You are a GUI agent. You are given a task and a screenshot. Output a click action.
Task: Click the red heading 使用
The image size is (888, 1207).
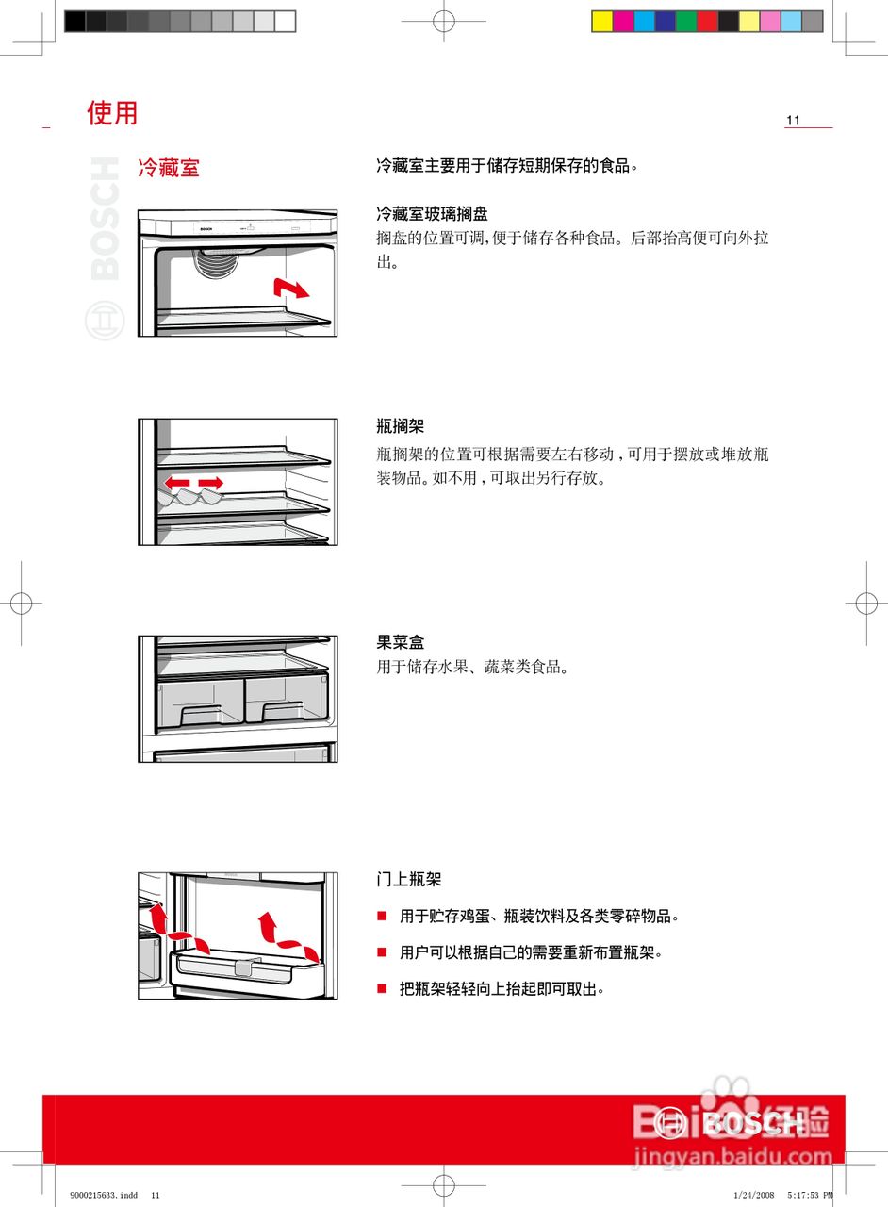112,113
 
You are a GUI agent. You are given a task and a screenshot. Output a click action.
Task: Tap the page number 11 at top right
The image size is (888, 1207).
793,121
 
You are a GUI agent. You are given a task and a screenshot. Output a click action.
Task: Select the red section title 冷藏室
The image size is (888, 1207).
169,169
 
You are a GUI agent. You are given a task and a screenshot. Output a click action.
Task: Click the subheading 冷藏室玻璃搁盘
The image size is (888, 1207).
432,214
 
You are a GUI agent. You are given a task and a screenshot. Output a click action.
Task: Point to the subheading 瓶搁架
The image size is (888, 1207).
400,427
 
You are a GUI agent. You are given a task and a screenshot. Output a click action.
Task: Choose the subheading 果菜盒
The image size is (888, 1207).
400,642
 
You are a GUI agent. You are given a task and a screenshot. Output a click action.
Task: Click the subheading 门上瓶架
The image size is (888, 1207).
408,880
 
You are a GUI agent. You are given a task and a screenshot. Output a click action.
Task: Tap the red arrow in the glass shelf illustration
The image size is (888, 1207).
290,288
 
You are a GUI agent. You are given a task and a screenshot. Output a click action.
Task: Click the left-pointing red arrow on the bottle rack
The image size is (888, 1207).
175,483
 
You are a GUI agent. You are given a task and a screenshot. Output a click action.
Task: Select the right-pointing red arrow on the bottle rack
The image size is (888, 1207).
211,483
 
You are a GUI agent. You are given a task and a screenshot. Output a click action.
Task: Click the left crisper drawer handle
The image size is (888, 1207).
201,714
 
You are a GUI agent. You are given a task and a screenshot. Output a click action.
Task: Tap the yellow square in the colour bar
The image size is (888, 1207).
601,21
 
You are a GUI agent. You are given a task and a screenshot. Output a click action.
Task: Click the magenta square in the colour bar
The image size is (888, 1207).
623,21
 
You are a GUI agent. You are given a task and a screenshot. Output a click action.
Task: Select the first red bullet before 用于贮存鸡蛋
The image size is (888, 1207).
382,916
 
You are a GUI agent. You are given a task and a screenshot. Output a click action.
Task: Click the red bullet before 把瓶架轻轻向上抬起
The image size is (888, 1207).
382,988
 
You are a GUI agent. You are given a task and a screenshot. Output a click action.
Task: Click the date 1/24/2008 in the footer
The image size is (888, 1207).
752,1195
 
